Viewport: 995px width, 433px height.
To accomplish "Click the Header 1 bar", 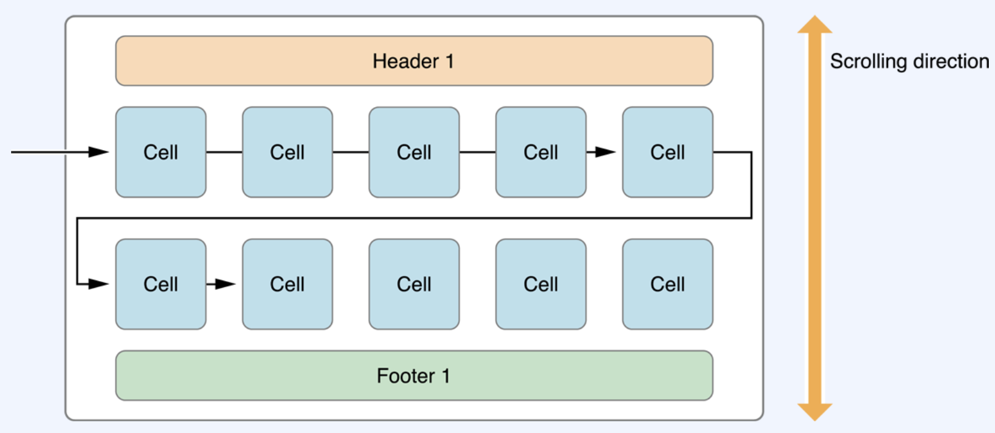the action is [414, 61].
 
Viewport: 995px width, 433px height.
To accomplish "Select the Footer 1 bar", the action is [414, 376].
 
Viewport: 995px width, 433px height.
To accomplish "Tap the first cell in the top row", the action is [161, 152].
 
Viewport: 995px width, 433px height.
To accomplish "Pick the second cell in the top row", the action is [287, 152].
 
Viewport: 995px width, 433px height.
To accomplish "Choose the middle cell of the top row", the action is [414, 152].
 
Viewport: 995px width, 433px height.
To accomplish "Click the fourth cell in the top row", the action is [541, 152].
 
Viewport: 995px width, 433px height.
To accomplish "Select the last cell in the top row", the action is [668, 152].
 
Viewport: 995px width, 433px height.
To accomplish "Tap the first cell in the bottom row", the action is [161, 284].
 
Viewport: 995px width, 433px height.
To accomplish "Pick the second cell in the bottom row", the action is [287, 284].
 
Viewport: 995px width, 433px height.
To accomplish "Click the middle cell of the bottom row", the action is [414, 284].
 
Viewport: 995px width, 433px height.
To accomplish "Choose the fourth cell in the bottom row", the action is [541, 284].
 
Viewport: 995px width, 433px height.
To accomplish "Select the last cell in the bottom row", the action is [668, 284].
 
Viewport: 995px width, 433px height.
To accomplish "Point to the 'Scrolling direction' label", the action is [910, 62].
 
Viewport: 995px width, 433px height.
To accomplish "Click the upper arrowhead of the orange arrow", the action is [815, 25].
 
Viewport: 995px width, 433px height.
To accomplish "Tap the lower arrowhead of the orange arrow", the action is [815, 412].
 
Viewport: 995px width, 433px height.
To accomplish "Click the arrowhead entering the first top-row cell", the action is [98, 152].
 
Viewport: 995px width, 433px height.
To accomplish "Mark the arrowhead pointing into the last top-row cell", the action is [606, 152].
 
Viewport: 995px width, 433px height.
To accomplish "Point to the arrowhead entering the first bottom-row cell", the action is [98, 284].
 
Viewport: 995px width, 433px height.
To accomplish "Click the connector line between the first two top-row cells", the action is [224, 152].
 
